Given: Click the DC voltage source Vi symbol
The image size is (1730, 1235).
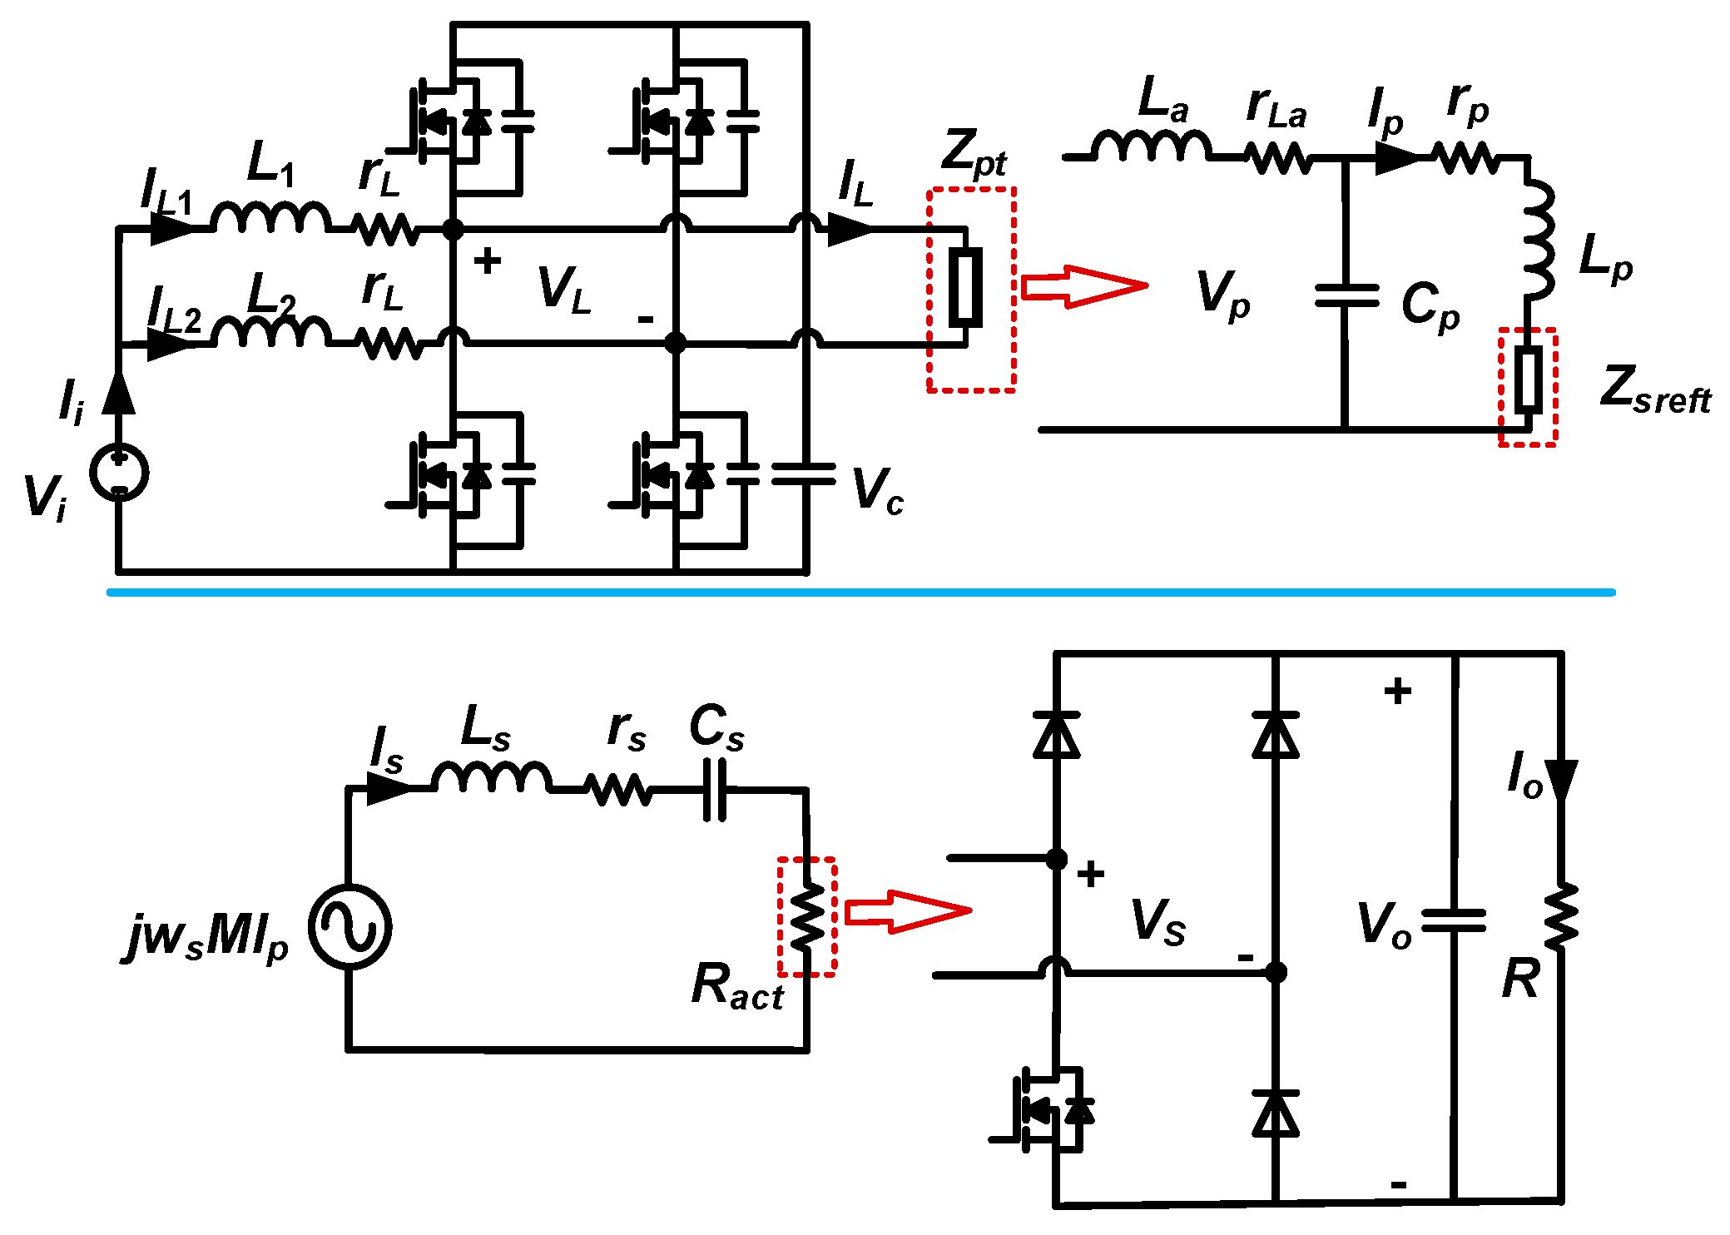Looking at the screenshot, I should pyautogui.click(x=119, y=473).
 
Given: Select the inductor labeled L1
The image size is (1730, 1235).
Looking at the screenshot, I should pyautogui.click(x=270, y=218).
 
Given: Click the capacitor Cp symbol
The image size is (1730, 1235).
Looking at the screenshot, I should pyautogui.click(x=1346, y=295).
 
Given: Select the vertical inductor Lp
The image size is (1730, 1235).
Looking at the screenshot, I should pyautogui.click(x=1538, y=241).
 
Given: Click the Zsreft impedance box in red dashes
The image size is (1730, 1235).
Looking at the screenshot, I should pyautogui.click(x=1528, y=387).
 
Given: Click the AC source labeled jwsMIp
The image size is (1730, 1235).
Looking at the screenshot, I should pyautogui.click(x=350, y=926).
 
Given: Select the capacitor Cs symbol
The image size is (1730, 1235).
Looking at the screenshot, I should pyautogui.click(x=715, y=791).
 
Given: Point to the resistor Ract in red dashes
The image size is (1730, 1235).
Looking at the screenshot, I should pyautogui.click(x=807, y=916).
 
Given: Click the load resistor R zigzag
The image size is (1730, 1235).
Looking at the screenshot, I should pyautogui.click(x=1561, y=916).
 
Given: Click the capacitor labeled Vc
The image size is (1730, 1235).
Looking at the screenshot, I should pyautogui.click(x=803, y=474).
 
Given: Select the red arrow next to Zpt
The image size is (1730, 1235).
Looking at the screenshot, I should pyautogui.click(x=1083, y=286).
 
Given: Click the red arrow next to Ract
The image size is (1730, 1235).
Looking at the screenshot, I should pyautogui.click(x=907, y=911).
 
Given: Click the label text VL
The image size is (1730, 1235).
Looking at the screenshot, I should pyautogui.click(x=565, y=290).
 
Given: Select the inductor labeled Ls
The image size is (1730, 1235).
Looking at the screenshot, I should pyautogui.click(x=491, y=778).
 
